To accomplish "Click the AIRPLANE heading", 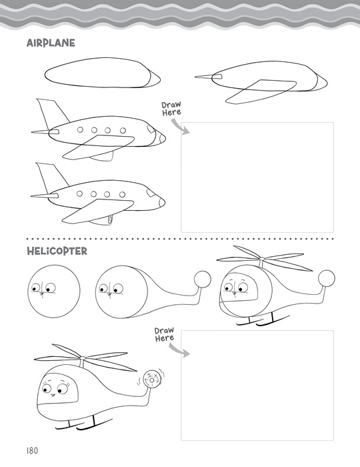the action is click(51, 43).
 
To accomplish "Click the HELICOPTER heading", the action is click(57, 251).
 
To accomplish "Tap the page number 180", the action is click(32, 450).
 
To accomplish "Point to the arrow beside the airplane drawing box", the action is click(181, 127).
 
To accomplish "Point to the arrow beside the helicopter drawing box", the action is click(179, 350).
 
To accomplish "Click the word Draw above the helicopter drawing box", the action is click(164, 331).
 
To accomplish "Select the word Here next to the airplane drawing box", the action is click(172, 112).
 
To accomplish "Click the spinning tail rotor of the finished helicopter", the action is click(152, 379).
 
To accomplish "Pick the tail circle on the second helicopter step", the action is click(203, 280).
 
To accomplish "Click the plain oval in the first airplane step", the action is click(103, 73).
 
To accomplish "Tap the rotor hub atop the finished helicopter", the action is click(83, 358).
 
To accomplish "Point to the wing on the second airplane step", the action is click(261, 91).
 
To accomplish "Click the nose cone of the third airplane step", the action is click(161, 137).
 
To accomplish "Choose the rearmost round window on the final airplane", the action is click(79, 193).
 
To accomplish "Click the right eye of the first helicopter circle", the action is click(51, 288).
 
